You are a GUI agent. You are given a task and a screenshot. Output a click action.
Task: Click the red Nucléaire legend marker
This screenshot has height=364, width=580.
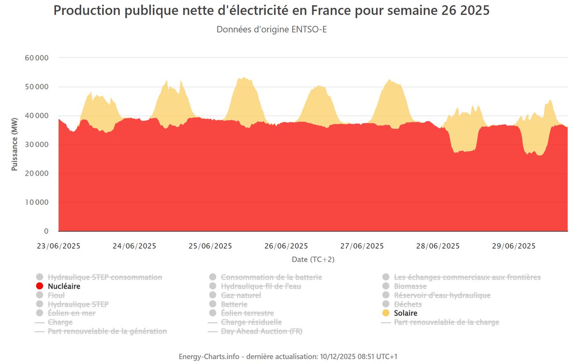point(40,286)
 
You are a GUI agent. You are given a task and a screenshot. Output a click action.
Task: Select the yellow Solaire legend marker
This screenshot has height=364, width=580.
point(386,313)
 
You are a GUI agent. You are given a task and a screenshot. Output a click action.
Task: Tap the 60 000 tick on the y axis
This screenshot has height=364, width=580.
point(36,58)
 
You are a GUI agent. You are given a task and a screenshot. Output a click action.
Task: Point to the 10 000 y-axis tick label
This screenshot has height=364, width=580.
point(36,202)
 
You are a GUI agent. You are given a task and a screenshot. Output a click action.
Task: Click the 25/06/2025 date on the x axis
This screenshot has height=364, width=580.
point(210,246)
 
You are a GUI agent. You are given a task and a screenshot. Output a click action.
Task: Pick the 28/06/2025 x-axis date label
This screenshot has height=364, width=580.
point(437,246)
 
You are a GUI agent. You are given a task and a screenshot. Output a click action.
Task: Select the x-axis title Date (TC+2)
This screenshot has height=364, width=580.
point(313,259)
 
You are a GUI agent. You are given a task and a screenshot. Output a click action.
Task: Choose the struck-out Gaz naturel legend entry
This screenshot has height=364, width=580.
point(241,295)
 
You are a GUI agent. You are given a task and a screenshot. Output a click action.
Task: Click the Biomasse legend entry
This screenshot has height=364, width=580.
point(410,286)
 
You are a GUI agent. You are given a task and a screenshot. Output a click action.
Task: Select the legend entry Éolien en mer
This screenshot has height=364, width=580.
point(72,313)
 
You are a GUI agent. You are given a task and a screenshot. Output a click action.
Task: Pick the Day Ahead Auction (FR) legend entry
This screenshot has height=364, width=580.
point(261,331)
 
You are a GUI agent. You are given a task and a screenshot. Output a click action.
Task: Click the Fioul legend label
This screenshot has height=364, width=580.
point(57,295)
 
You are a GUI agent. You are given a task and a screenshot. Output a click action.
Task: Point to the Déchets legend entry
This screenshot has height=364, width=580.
point(408,304)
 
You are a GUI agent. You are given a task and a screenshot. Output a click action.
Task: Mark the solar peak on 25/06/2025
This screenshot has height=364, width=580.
point(244,77)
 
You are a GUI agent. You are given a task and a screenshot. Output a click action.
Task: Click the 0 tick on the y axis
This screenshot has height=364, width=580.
point(46,231)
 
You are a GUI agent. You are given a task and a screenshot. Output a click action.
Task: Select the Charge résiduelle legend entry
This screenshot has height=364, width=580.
point(251,322)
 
